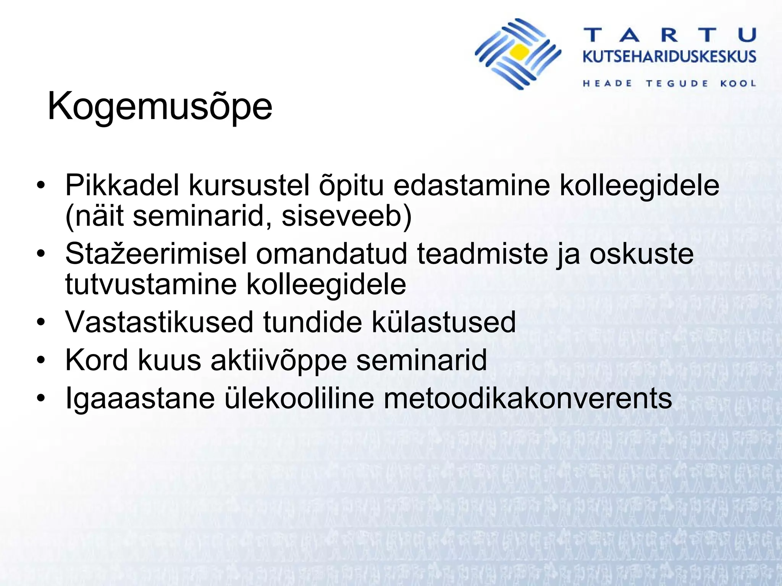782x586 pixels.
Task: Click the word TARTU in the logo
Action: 670,35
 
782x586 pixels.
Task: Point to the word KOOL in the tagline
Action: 738,84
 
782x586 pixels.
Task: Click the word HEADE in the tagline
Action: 608,84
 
